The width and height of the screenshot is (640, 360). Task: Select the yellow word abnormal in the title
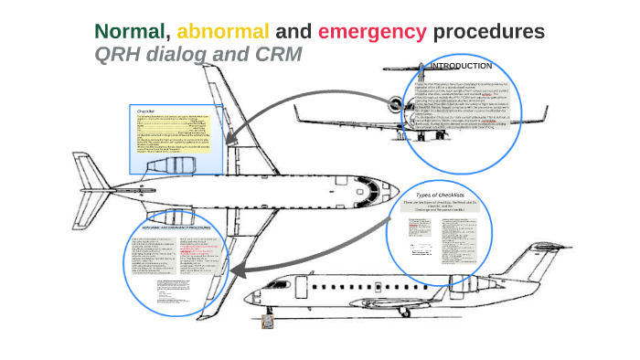223,31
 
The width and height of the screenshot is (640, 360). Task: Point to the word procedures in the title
489,31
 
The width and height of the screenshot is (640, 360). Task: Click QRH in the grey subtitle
120,55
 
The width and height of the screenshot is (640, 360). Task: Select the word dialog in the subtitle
181,55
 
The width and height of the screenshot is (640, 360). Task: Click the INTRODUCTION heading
461,66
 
